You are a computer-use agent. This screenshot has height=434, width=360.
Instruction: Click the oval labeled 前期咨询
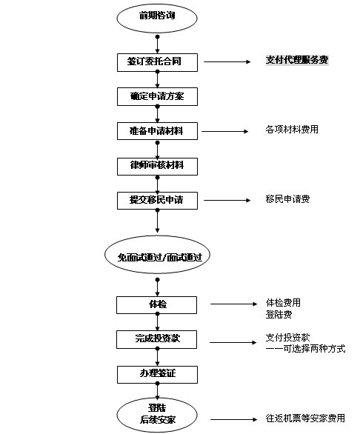(x=157, y=19)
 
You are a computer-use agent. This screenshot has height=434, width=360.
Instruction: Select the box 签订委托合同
(x=157, y=62)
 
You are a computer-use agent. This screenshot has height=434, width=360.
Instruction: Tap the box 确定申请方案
(x=157, y=96)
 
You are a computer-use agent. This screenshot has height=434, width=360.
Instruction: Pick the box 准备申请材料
(x=157, y=131)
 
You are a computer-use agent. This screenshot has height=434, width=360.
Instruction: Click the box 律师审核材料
(x=157, y=167)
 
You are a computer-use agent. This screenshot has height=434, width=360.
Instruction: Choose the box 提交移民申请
(x=157, y=201)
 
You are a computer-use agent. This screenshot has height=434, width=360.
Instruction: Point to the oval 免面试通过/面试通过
(x=157, y=255)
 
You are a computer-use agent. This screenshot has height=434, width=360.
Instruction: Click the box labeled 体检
(x=157, y=305)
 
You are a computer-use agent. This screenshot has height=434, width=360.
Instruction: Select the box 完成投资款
(x=157, y=339)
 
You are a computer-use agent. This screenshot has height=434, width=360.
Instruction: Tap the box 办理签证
(x=157, y=375)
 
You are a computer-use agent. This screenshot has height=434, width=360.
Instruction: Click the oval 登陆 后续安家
(x=157, y=415)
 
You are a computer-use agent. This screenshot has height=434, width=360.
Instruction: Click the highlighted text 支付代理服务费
(x=297, y=60)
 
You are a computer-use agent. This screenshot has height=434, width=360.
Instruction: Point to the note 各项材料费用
(x=292, y=130)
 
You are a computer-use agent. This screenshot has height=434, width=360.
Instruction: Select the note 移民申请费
(x=287, y=199)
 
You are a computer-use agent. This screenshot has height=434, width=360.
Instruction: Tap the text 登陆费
(x=279, y=315)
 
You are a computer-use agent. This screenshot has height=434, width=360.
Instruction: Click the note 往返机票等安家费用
(x=305, y=418)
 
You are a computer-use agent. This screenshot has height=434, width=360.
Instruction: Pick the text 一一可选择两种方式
(x=305, y=349)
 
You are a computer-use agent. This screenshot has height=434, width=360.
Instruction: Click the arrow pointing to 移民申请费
(x=227, y=200)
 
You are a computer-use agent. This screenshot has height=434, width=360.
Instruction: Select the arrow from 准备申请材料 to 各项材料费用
(x=225, y=131)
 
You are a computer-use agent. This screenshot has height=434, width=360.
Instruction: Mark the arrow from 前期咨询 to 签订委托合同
(x=157, y=44)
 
